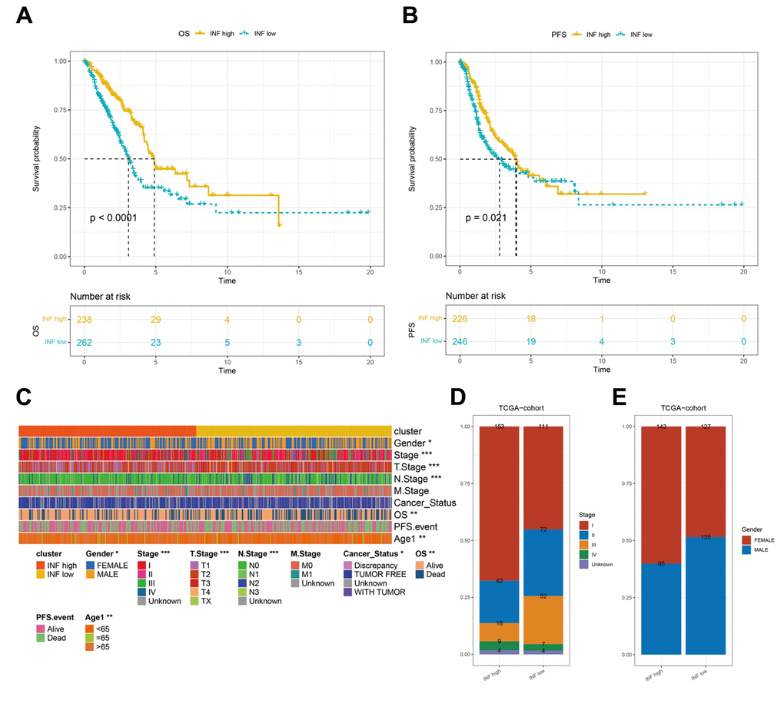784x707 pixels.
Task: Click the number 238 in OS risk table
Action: coord(84,319)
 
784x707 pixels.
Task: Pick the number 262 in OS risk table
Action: coord(84,342)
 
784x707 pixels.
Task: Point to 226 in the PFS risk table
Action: coord(459,319)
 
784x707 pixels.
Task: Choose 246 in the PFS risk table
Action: coord(459,342)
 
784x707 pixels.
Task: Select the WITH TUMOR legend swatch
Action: coord(348,591)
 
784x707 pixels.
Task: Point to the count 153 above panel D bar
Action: coord(500,427)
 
